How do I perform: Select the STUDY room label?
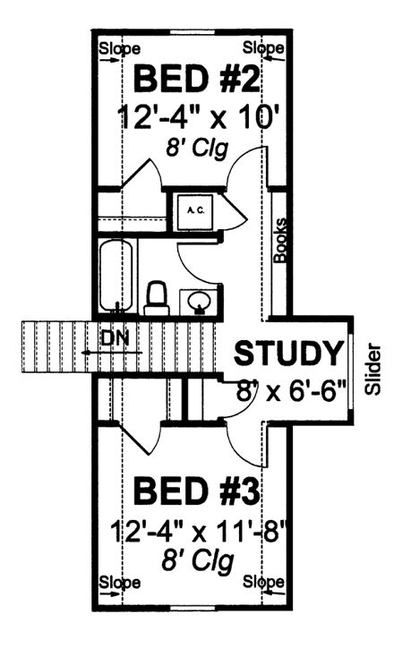pyautogui.click(x=289, y=354)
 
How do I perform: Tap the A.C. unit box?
pyautogui.click(x=196, y=210)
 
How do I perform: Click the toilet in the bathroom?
pyautogui.click(x=156, y=296)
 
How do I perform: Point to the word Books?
pyautogui.click(x=279, y=239)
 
